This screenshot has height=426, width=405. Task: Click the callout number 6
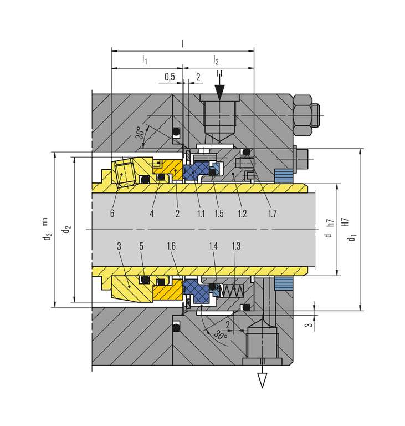[x=112, y=213]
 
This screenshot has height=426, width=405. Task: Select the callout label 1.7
[x=271, y=213]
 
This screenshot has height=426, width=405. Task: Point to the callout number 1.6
[x=172, y=245]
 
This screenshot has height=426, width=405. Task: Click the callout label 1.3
[x=237, y=245]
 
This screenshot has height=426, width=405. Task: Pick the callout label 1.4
[x=214, y=245]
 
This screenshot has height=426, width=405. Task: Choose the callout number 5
[x=142, y=245]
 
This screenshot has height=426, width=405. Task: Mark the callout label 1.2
[x=242, y=213]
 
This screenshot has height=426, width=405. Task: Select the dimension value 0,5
[x=170, y=77]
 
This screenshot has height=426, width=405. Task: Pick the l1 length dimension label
[x=145, y=59]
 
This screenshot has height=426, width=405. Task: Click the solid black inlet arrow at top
[x=220, y=92]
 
